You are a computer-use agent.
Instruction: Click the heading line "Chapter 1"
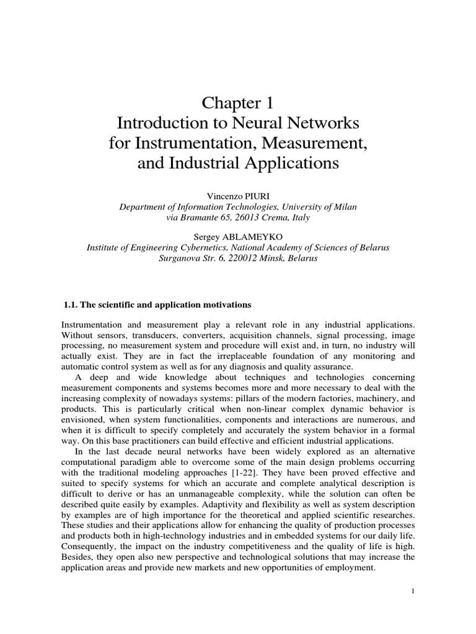pos(238,102)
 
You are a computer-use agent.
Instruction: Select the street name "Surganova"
pos(181,258)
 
